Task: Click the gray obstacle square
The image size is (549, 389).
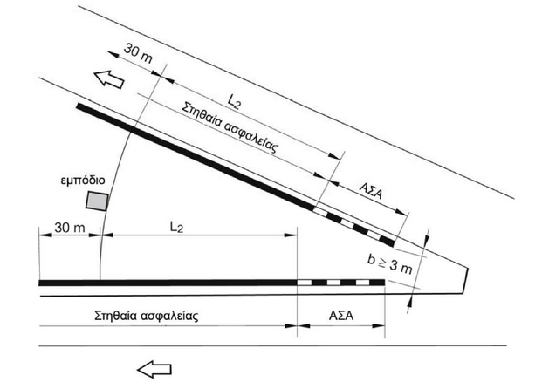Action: [x=97, y=201]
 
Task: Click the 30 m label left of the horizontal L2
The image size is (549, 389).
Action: [x=67, y=225]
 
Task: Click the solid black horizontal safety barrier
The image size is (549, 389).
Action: [x=166, y=283]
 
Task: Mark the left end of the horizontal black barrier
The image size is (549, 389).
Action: [x=42, y=283]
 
